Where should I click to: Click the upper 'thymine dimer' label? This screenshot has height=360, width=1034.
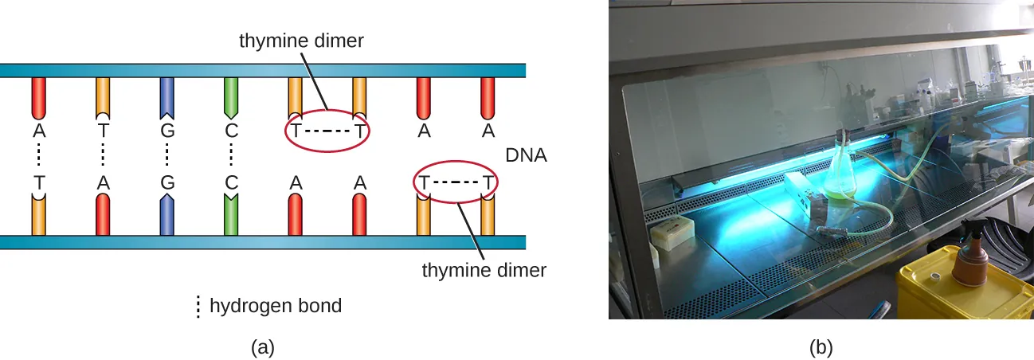301,41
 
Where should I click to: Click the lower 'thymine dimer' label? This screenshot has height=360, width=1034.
484,270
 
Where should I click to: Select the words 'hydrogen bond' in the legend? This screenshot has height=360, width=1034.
275,305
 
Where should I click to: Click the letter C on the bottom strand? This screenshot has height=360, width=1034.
231,182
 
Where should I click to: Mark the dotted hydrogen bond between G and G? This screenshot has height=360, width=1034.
166,155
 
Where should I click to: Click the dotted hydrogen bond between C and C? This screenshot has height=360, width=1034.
231,155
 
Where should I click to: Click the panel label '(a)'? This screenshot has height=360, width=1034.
263,347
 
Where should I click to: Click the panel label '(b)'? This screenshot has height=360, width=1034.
821,347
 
